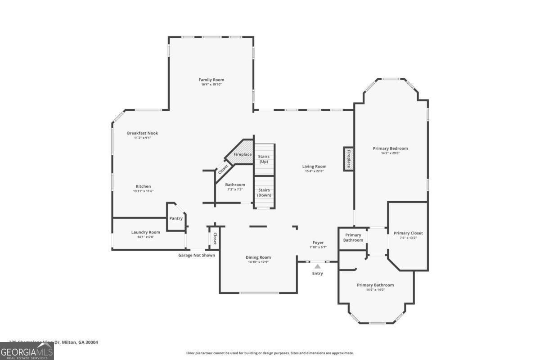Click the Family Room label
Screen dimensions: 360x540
[x=211, y=80]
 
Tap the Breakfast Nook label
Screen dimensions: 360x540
[x=142, y=133]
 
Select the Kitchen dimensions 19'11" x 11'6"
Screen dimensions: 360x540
[x=143, y=191]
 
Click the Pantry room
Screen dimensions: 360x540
[x=176, y=218]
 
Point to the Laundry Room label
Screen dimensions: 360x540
[x=145, y=232]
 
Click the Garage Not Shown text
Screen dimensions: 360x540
[x=197, y=255]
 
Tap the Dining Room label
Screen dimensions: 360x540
[x=258, y=257]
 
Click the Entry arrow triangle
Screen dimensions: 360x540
[x=317, y=266]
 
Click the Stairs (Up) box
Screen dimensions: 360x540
[x=264, y=159]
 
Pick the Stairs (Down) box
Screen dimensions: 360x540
[x=264, y=193]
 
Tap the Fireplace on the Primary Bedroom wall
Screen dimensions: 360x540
[x=348, y=159]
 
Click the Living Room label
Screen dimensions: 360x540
[x=314, y=166]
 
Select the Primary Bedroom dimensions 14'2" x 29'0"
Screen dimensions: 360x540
[x=390, y=153]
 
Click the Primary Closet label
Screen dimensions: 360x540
[x=408, y=233]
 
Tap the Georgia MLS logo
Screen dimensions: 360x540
[x=27, y=351]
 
